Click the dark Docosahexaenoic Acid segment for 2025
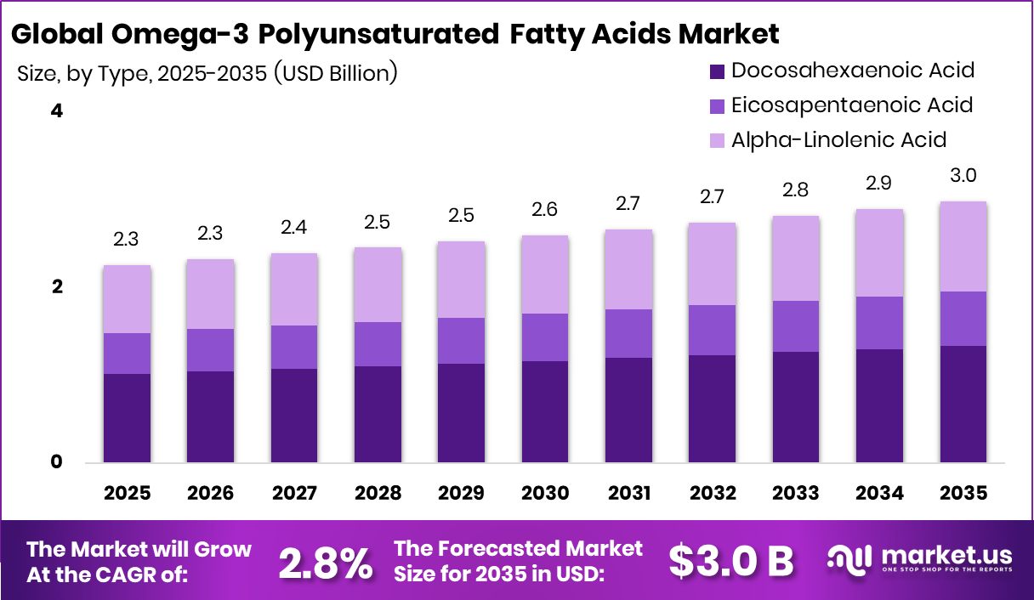127,418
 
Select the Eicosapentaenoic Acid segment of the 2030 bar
545,337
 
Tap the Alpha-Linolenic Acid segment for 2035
963,246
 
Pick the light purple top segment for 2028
378,285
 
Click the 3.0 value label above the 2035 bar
963,176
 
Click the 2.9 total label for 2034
880,184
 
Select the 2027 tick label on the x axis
293,494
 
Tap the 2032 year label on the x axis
713,494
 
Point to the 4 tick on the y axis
57,111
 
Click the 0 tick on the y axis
57,462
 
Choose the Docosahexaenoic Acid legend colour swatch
717,71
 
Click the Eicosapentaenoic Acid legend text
851,105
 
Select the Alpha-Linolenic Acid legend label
838,139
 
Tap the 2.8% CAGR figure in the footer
327,562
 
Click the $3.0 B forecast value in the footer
730,560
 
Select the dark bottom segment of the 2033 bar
796,407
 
